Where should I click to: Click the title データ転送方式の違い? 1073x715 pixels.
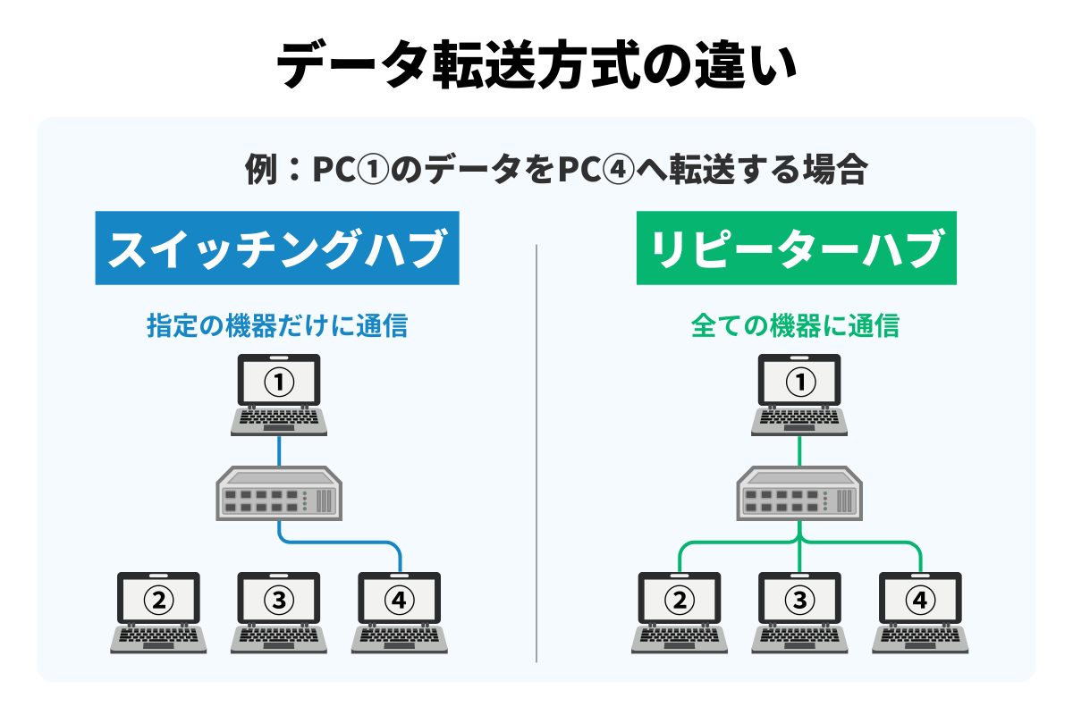click(536, 67)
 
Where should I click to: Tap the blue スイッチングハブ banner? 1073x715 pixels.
click(277, 248)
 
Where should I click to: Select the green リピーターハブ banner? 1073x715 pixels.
click(797, 248)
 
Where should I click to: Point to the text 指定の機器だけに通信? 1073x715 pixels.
click(277, 326)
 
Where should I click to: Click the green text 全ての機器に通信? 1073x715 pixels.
click(795, 326)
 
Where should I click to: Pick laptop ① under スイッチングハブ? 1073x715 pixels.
click(279, 393)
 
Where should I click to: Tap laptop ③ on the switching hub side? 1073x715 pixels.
click(279, 611)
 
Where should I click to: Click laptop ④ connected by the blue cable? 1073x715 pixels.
click(399, 611)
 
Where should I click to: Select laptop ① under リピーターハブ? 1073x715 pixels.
click(799, 393)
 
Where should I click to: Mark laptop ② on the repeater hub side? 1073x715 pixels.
click(680, 611)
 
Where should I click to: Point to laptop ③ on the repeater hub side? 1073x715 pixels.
click(799, 611)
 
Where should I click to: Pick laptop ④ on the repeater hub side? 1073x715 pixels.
click(919, 611)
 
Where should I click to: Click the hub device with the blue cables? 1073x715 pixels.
click(279, 494)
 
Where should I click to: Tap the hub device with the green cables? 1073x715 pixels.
click(799, 494)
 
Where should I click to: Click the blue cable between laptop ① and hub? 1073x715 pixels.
click(279, 452)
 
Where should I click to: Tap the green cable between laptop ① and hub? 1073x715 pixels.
click(799, 452)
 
